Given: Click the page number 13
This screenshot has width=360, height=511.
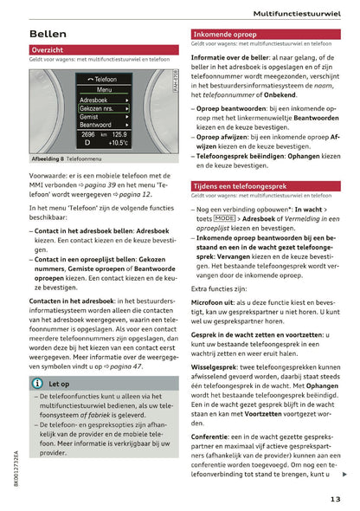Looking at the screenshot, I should (336, 497).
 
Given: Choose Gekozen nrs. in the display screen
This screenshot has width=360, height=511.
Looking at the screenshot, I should (98, 109).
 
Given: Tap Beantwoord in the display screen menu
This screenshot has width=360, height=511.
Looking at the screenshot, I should (95, 126).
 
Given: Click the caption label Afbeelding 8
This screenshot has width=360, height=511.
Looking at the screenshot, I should (50, 158).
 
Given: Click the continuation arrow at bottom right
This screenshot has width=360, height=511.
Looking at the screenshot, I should (345, 474).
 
